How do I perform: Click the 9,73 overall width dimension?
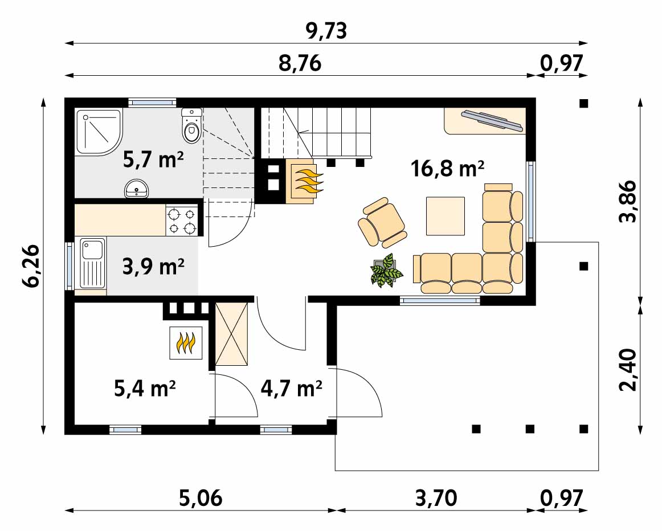click(326, 30)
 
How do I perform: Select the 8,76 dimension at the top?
click(300, 63)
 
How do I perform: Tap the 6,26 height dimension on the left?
click(31, 266)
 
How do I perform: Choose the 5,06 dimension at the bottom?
click(201, 498)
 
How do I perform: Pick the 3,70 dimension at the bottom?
click(436, 498)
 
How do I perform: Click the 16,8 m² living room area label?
click(447, 169)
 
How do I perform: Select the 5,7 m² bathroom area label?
click(153, 160)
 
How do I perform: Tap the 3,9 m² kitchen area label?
click(153, 266)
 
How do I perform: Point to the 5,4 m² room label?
click(145, 389)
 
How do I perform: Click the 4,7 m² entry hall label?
click(291, 389)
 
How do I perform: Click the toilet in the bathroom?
click(191, 126)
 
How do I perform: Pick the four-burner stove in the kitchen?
click(182, 220)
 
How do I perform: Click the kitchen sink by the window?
click(92, 263)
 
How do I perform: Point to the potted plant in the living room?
click(385, 271)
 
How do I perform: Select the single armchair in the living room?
click(382, 222)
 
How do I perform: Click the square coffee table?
click(446, 216)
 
